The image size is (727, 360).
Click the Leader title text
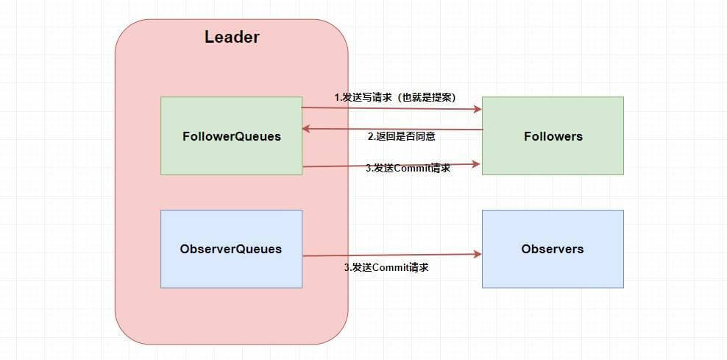(x=231, y=38)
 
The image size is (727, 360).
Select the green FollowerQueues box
(x=231, y=136)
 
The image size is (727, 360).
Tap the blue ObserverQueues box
(x=231, y=249)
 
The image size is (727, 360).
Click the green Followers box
(x=553, y=136)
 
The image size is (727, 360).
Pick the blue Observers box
(x=553, y=249)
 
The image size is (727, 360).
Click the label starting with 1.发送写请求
(x=394, y=97)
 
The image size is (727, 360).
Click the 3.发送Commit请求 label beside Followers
(x=408, y=168)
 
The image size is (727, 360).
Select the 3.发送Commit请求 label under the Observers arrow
(x=386, y=267)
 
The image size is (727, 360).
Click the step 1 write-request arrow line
(x=390, y=108)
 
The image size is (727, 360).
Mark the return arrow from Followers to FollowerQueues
(x=390, y=130)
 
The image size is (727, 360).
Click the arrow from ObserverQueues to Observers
(x=390, y=255)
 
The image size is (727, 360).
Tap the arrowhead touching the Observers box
(x=477, y=255)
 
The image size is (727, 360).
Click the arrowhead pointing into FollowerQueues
(x=307, y=129)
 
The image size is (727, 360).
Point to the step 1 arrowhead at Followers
(x=477, y=109)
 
